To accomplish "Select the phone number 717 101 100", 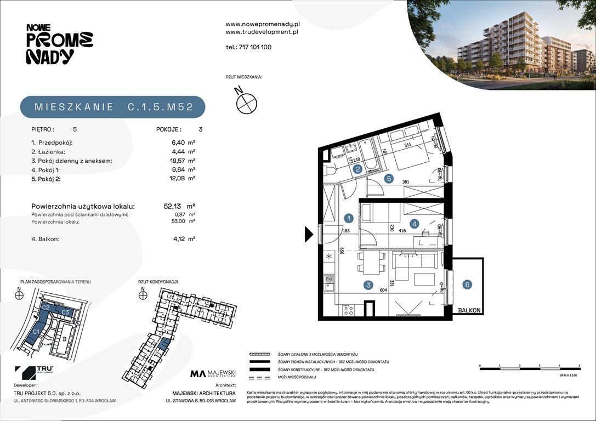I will [248, 47].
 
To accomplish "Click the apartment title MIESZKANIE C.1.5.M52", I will [113, 107].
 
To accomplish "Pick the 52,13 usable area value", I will [174, 207].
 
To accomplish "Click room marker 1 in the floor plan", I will [348, 218].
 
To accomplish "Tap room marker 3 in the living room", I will [368, 285].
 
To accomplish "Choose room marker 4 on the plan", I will [415, 223].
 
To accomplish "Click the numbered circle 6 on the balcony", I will [467, 284].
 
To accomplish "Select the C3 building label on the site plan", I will [65, 312].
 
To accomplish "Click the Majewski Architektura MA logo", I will [213, 374].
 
